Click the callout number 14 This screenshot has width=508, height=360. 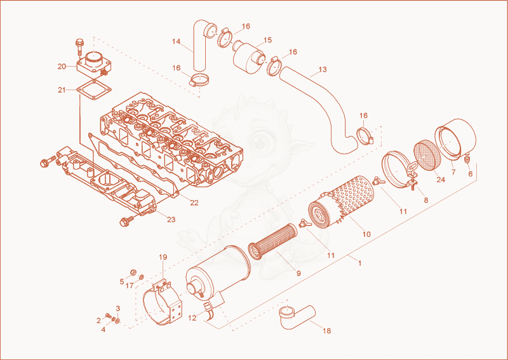[x=177, y=41]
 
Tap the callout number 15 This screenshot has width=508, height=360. [x=267, y=40]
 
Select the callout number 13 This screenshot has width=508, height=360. [x=323, y=69]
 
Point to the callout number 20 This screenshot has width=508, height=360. [x=62, y=67]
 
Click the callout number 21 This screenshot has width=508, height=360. [x=62, y=90]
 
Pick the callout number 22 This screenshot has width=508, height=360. [x=194, y=203]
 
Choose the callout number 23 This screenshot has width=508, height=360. [x=171, y=220]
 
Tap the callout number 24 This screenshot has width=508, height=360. [x=441, y=180]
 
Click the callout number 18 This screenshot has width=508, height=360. [x=327, y=331]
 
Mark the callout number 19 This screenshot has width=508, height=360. [x=163, y=257]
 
